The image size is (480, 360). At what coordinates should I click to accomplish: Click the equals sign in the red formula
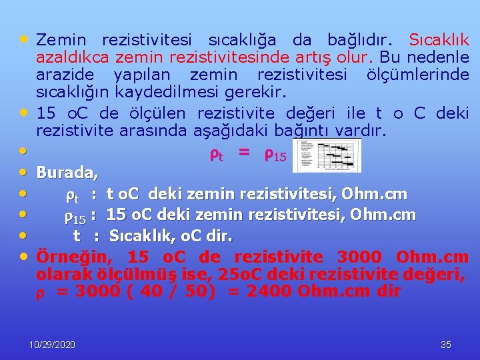point(244,154)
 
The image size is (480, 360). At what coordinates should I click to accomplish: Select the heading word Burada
point(67,173)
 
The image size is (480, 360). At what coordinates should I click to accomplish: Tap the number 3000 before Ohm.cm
point(360,257)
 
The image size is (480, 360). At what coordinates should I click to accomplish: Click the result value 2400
point(267,291)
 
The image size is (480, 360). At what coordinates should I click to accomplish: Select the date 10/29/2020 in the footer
point(53,345)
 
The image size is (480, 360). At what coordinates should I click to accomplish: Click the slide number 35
point(446,345)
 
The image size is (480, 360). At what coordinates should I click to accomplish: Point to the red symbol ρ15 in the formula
point(275,155)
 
